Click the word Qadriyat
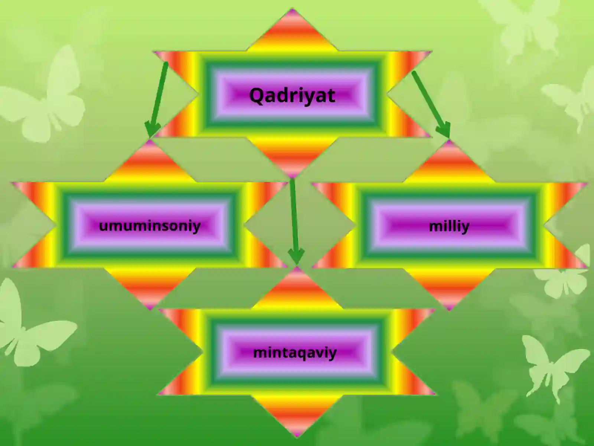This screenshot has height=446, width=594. [292, 96]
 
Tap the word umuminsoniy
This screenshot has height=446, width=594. [150, 226]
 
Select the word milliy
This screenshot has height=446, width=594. [449, 226]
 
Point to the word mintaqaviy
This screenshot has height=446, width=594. [295, 353]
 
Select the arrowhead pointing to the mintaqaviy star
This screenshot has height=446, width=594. [296, 256]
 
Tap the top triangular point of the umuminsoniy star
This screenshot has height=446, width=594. [150, 140]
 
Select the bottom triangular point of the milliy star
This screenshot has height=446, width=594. [449, 310]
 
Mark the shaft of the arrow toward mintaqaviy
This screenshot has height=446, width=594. [294, 215]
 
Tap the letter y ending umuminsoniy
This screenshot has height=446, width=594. [196, 228]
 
